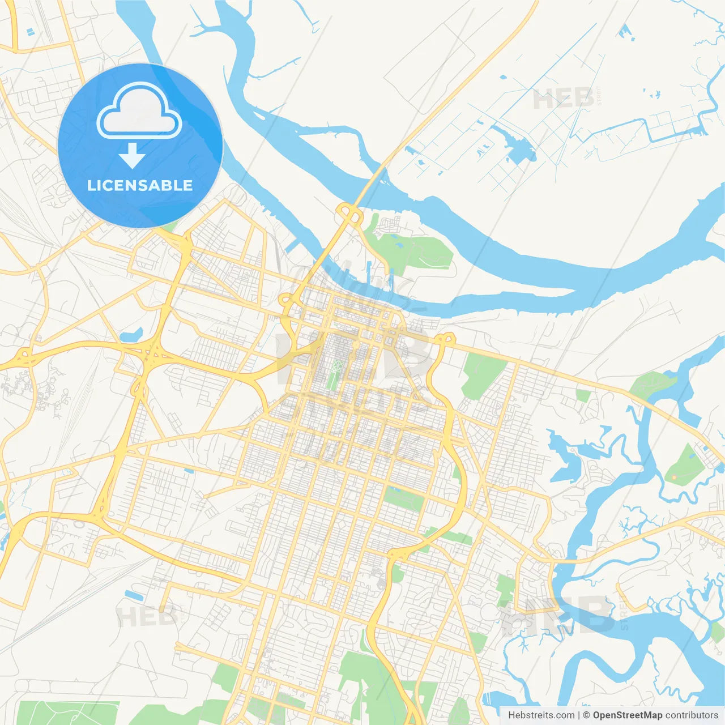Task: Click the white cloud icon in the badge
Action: tap(139, 111)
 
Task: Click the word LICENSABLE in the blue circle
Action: tap(140, 185)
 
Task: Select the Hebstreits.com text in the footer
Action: tap(541, 715)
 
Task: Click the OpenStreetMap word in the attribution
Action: tap(627, 715)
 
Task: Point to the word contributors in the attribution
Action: tap(692, 715)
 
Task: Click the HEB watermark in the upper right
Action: tap(564, 99)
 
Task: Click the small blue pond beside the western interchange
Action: tap(131, 335)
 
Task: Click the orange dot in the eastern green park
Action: tap(674, 478)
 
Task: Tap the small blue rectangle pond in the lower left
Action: tap(134, 595)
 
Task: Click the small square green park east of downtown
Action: tap(583, 395)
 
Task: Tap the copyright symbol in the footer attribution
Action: tap(586, 715)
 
